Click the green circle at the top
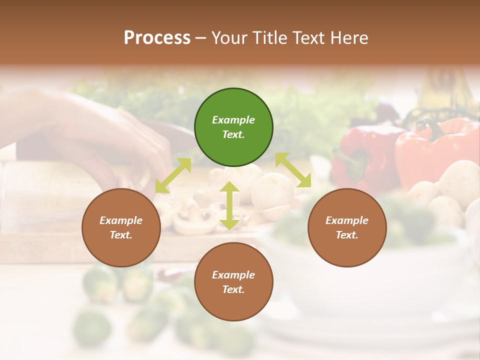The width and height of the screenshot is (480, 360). [233, 127]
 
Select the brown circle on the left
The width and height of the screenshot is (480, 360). [121, 227]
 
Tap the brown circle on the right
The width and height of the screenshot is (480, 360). [347, 227]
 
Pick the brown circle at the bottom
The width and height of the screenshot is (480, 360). [233, 282]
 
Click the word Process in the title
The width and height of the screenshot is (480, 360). [157, 38]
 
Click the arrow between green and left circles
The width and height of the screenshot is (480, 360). [173, 175]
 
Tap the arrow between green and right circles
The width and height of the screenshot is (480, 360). [293, 170]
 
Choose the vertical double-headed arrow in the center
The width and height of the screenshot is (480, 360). [229, 205]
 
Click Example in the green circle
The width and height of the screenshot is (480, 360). [233, 120]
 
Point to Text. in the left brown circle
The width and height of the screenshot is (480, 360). [121, 235]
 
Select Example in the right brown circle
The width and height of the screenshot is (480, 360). [347, 220]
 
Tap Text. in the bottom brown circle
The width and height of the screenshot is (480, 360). [233, 289]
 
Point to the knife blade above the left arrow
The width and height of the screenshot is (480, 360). [175, 132]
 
